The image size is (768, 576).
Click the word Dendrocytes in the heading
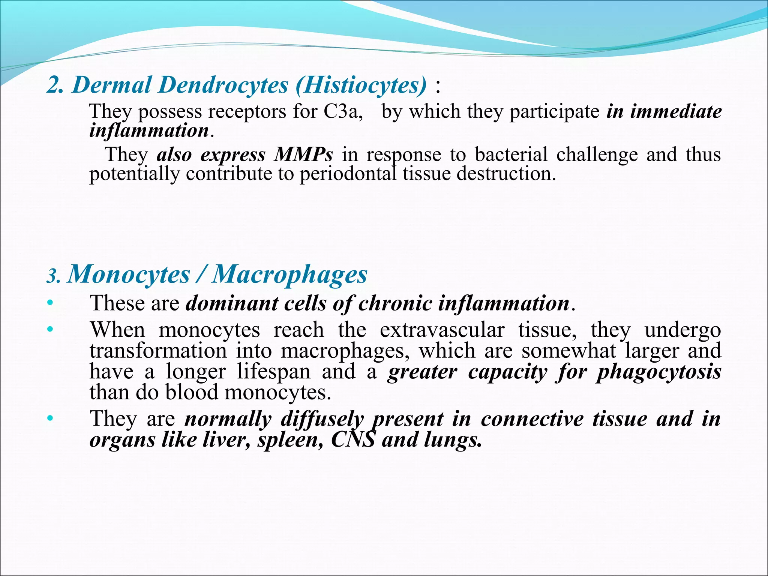pyautogui.click(x=223, y=85)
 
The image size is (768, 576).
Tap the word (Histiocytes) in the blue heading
pyautogui.click(x=361, y=85)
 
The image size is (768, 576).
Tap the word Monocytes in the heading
pyautogui.click(x=129, y=274)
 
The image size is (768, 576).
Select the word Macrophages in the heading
pyautogui.click(x=289, y=274)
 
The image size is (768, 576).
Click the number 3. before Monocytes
pyautogui.click(x=53, y=277)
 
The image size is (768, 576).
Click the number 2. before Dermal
pyautogui.click(x=55, y=85)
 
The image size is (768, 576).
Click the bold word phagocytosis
pyautogui.click(x=659, y=372)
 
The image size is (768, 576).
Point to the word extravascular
pyautogui.click(x=442, y=330)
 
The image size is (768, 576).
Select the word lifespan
pyautogui.click(x=274, y=372)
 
